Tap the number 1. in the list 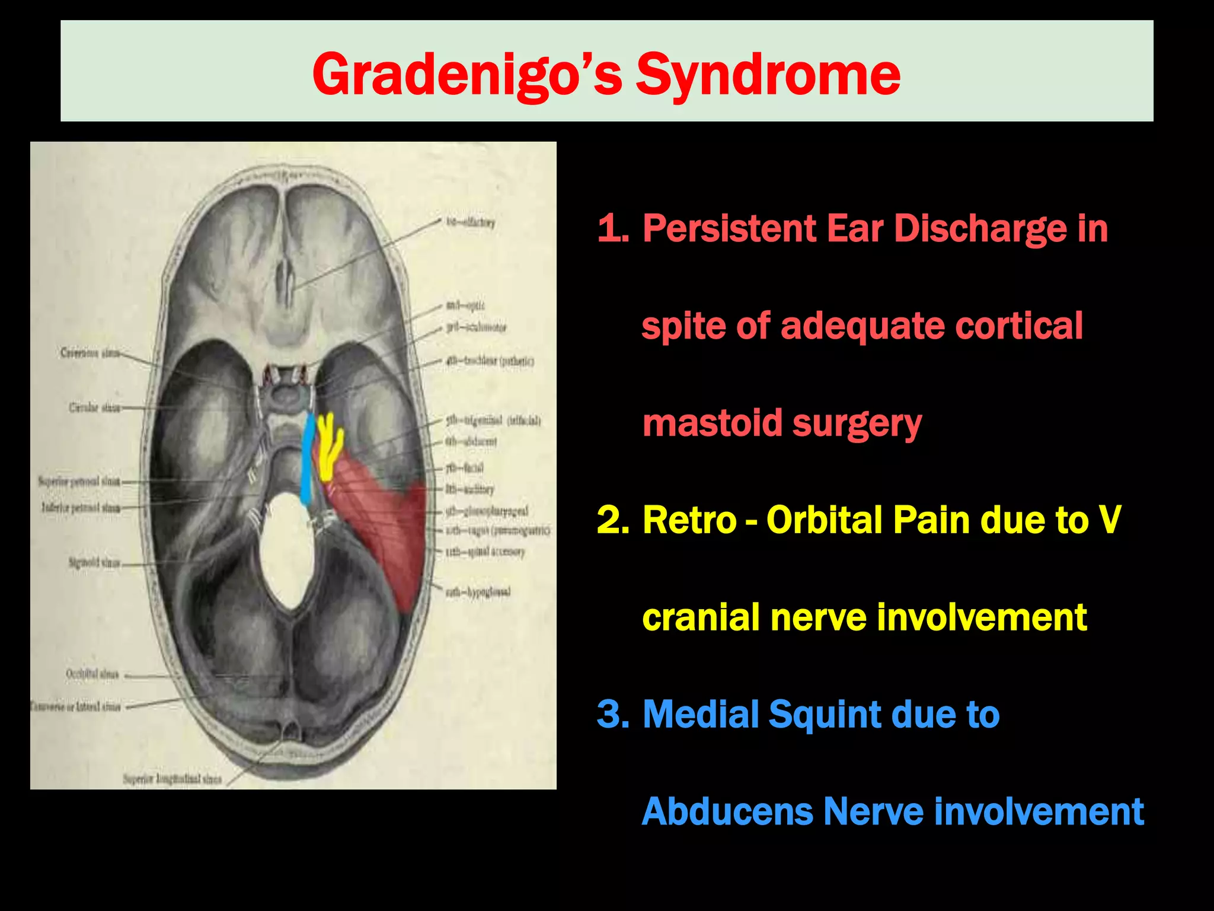(612, 228)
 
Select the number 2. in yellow (612, 520)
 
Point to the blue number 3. (612, 714)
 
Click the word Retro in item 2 (689, 520)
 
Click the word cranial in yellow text (700, 617)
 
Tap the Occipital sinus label (92, 674)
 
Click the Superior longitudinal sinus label (172, 779)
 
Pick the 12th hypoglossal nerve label (478, 592)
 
